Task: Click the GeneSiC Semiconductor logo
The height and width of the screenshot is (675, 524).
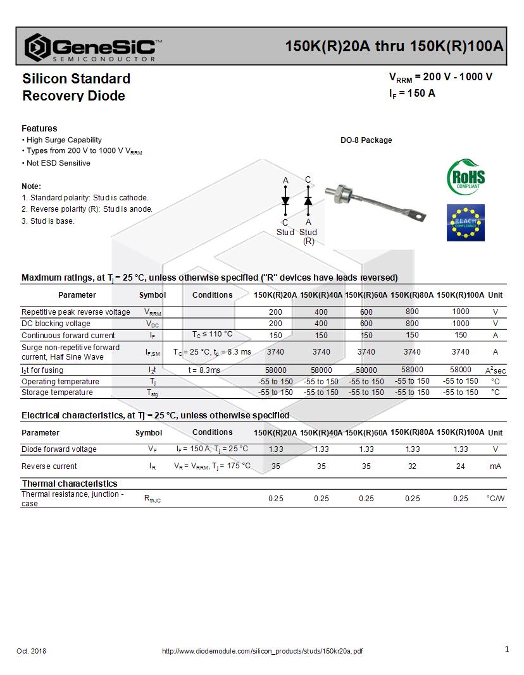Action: [x=92, y=47]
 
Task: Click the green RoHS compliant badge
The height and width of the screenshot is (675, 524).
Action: [x=466, y=177]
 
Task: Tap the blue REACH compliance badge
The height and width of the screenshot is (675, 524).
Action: [x=465, y=222]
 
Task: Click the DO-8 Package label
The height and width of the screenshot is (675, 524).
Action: [x=366, y=140]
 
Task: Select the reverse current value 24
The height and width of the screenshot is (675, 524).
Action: [x=460, y=466]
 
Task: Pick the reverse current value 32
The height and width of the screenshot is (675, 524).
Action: [x=412, y=466]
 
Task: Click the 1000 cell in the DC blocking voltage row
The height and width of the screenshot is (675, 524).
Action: [x=460, y=324]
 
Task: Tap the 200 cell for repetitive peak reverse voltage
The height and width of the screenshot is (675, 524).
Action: [x=275, y=312]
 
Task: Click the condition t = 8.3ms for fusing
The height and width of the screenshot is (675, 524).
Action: [x=204, y=370]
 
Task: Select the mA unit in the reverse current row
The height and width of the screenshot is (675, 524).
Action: [x=495, y=466]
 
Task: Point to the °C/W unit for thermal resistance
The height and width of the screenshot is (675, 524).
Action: [x=495, y=499]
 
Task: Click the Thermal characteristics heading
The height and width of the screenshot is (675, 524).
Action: [x=70, y=483]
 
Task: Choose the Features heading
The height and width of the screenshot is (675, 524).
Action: [x=39, y=128]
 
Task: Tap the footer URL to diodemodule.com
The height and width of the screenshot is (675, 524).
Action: [x=262, y=651]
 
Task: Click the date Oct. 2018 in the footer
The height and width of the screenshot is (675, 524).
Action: [x=31, y=651]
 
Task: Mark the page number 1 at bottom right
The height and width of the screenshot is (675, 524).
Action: [x=506, y=649]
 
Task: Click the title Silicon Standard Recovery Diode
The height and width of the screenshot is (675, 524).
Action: [x=76, y=87]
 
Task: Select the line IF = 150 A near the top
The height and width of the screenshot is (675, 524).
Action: [x=412, y=94]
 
